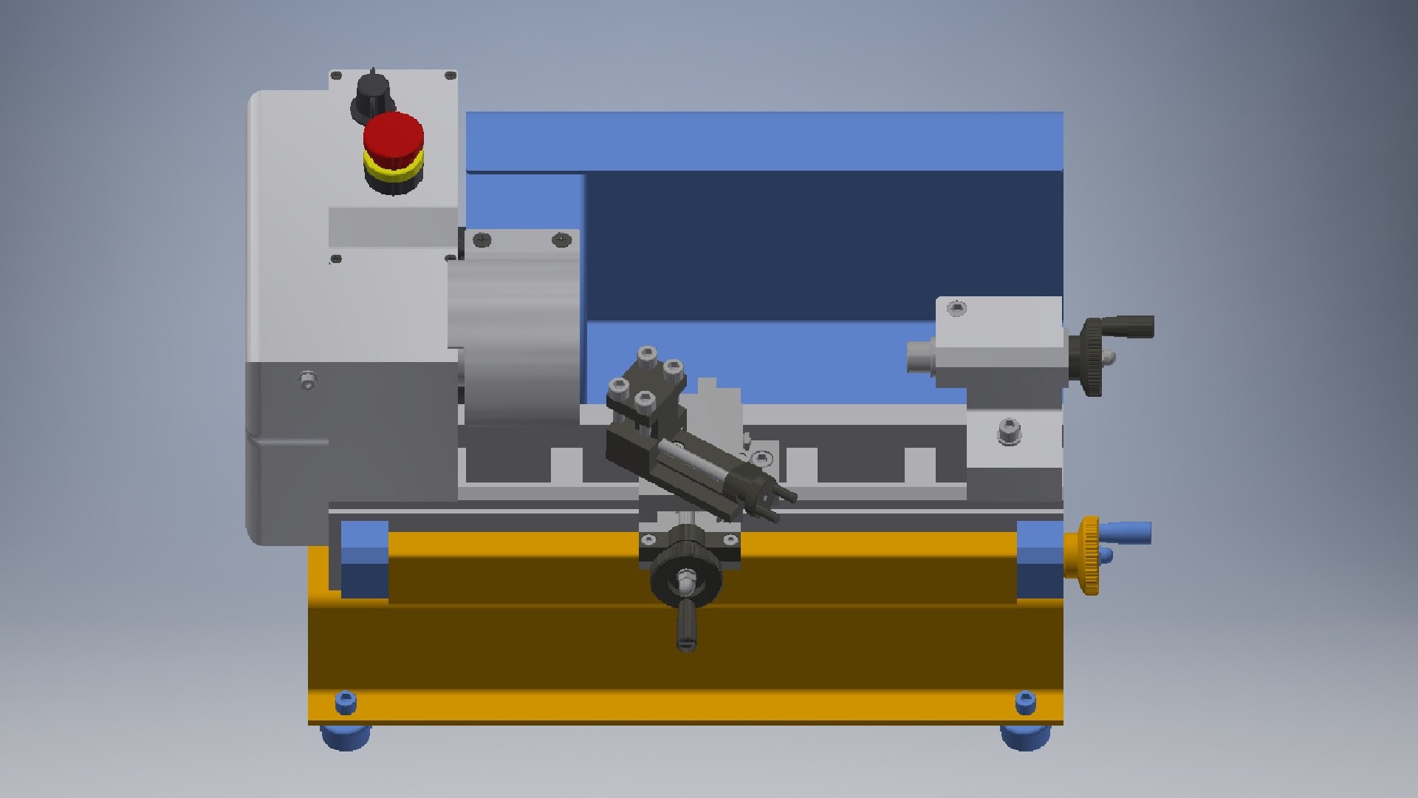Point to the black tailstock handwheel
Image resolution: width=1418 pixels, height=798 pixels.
1092,357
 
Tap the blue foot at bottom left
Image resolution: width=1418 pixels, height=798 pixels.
345,736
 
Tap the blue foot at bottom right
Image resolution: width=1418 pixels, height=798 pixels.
1024,737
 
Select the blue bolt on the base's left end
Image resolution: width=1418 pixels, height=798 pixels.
345,702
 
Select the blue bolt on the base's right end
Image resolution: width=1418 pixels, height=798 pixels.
1025,703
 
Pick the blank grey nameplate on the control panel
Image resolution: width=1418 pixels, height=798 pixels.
393,227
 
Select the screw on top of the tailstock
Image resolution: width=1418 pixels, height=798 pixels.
956,308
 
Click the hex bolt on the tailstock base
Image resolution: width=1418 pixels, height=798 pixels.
1008,431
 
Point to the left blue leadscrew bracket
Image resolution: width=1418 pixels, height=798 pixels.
365,559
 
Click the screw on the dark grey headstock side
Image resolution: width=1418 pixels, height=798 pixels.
308,381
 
